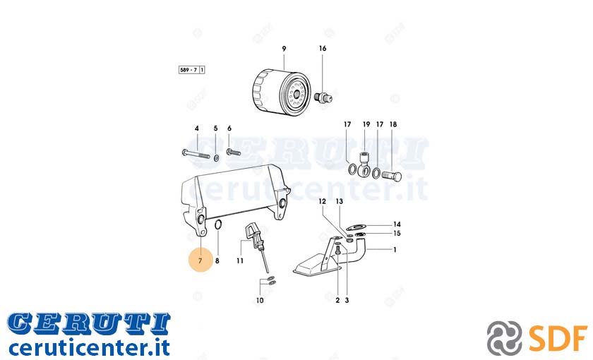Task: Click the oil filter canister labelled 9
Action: click(x=281, y=91)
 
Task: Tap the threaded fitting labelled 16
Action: click(x=323, y=97)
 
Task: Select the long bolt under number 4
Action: click(x=196, y=154)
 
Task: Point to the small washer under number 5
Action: click(x=216, y=157)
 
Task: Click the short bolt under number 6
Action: click(x=234, y=152)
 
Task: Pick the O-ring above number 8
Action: click(x=218, y=224)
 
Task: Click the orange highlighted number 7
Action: click(x=200, y=260)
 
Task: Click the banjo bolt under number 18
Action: click(x=391, y=176)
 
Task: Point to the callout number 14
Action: click(x=397, y=224)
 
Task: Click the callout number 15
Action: click(x=397, y=234)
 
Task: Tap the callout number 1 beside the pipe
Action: click(x=395, y=250)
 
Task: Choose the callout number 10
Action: click(x=260, y=301)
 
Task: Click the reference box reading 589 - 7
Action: click(x=192, y=70)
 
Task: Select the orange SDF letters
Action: click(x=558, y=338)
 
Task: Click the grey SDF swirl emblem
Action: click(x=504, y=337)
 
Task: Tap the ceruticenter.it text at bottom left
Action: click(x=89, y=347)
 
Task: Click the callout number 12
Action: click(x=322, y=202)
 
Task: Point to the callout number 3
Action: click(x=347, y=301)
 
